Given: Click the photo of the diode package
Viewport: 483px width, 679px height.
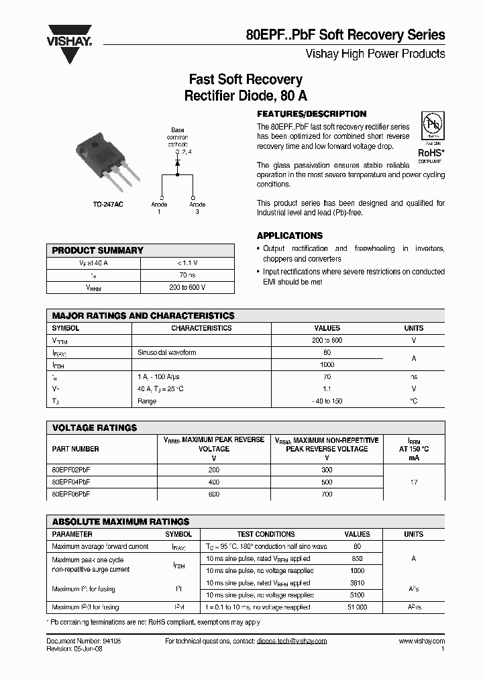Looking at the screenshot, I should point(106,162).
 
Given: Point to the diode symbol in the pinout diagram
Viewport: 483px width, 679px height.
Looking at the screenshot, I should point(177,162).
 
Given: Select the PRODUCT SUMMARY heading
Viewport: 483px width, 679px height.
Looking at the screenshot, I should point(98,250).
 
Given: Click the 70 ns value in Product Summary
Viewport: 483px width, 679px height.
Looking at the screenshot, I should point(187,275).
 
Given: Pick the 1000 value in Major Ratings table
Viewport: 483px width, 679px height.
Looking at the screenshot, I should point(327,364).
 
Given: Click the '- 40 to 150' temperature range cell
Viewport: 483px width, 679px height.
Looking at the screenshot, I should point(327,401).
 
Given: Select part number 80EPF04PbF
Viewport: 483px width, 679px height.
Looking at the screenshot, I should point(71,482).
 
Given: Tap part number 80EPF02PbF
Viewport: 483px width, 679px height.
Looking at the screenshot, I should point(71,470).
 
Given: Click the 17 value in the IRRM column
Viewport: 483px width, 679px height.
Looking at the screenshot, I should point(414,482).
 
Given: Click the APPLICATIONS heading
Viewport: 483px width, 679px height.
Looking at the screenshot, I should point(290,236).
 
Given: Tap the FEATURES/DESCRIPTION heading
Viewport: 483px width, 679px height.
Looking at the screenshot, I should point(312,114).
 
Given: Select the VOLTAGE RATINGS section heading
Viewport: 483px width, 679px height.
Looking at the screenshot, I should point(95,427).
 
